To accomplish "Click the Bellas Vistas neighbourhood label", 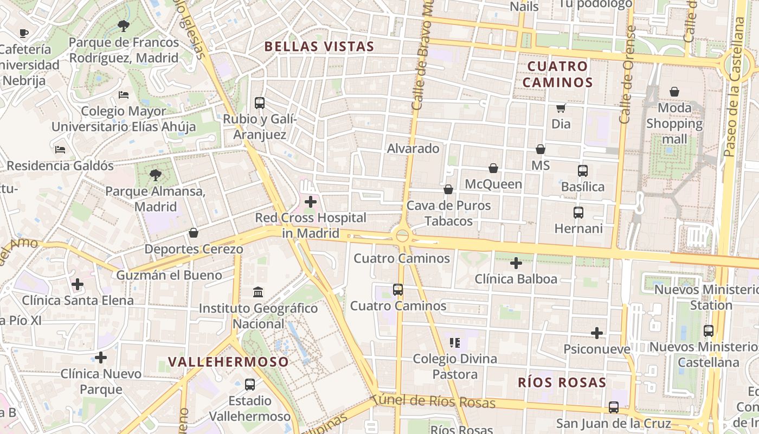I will click(319, 47).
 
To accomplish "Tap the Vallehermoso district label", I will click(228, 362).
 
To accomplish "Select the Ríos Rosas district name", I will click(562, 382).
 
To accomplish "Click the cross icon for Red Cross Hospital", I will click(311, 202).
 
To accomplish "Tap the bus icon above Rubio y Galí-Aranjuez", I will click(260, 103).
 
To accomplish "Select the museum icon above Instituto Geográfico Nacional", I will click(258, 292).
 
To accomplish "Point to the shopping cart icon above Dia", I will click(561, 108).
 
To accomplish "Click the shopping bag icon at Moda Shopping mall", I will click(674, 92).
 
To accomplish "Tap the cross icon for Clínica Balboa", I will click(516, 263).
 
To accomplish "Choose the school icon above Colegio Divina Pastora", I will click(455, 342).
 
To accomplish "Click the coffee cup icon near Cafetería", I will click(24, 34).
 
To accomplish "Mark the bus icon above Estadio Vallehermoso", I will click(249, 385).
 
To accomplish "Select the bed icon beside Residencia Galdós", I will click(60, 149).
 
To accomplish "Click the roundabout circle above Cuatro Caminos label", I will click(402, 235).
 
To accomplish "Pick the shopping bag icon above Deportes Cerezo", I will click(194, 233).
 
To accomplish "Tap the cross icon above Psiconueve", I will click(597, 333).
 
